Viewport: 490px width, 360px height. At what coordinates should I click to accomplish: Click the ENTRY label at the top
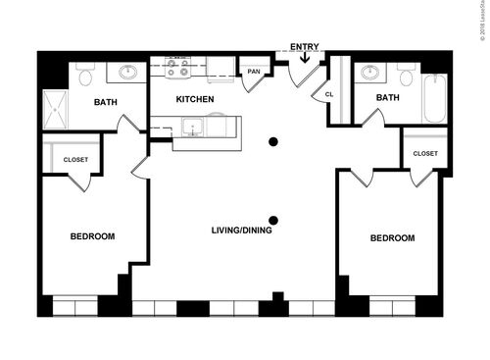(x=305, y=46)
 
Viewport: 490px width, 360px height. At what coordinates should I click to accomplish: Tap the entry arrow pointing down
(x=305, y=58)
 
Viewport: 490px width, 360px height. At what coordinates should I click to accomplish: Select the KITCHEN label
(x=194, y=100)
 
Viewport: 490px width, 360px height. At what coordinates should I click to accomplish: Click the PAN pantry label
(x=254, y=72)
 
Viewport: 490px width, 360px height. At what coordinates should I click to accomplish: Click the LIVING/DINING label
(x=242, y=231)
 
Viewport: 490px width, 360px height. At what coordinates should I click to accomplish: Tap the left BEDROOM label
(x=92, y=236)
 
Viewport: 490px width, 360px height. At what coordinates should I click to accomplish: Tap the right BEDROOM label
(x=391, y=237)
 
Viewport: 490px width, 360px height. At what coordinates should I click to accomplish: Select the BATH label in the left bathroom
(x=106, y=102)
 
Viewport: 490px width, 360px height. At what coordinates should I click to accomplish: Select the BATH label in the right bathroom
(x=387, y=97)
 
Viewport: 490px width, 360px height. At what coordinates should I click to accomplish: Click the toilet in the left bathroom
(x=84, y=75)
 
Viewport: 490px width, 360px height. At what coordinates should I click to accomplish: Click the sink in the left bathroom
(x=127, y=72)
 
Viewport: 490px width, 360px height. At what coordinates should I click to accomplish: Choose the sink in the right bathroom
(x=370, y=72)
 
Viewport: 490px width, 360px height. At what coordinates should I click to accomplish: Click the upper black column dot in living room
(x=273, y=142)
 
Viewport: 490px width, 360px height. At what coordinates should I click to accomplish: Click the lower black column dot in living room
(x=273, y=220)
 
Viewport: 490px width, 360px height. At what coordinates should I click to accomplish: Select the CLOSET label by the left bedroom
(x=75, y=159)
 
